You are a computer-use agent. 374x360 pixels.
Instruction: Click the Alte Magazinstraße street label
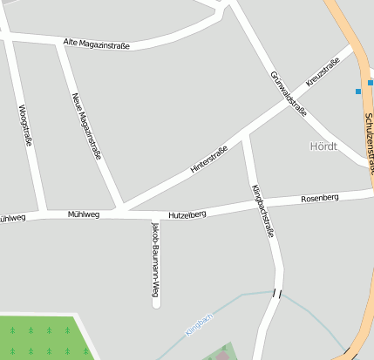coord(97,43)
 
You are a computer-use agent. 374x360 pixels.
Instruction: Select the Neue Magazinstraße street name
coord(85,126)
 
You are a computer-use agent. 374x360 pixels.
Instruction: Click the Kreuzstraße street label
coord(322,72)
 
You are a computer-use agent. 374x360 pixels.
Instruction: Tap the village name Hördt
coord(323,146)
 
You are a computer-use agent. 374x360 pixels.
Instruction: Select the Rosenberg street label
coord(319,198)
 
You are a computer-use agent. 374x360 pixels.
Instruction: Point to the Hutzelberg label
coord(187,214)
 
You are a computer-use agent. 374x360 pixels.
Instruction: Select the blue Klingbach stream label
coord(199,323)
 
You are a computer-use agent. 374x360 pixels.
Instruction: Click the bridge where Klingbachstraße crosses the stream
coord(277,293)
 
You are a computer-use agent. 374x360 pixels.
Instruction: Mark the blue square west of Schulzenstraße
coord(357,91)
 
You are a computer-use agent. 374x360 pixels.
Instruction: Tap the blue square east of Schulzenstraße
coord(371,83)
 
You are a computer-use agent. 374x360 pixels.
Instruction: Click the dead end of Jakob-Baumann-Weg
coord(156,303)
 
